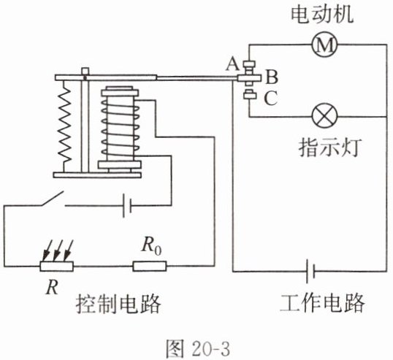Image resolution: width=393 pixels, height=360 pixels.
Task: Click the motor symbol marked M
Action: (324, 45)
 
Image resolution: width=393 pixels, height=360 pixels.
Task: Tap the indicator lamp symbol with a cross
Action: (324, 116)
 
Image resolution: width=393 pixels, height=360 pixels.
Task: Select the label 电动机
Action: (322, 15)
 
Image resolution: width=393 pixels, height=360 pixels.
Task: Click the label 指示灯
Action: (330, 148)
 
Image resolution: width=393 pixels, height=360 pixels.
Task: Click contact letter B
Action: (272, 77)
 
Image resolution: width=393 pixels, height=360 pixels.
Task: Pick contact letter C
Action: (271, 98)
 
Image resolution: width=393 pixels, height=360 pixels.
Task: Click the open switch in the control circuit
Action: (52, 199)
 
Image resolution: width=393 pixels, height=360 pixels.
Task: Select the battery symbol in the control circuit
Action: (127, 205)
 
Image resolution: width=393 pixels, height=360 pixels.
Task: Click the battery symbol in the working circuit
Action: (310, 271)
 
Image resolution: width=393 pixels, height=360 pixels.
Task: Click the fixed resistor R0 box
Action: (149, 266)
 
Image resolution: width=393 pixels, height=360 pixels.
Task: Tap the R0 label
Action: (151, 245)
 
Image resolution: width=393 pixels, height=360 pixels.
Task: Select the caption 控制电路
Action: (118, 303)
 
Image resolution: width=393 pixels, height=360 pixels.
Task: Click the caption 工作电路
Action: (322, 302)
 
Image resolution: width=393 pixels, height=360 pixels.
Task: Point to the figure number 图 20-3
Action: (198, 348)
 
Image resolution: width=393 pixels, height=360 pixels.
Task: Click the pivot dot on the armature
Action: (85, 78)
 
